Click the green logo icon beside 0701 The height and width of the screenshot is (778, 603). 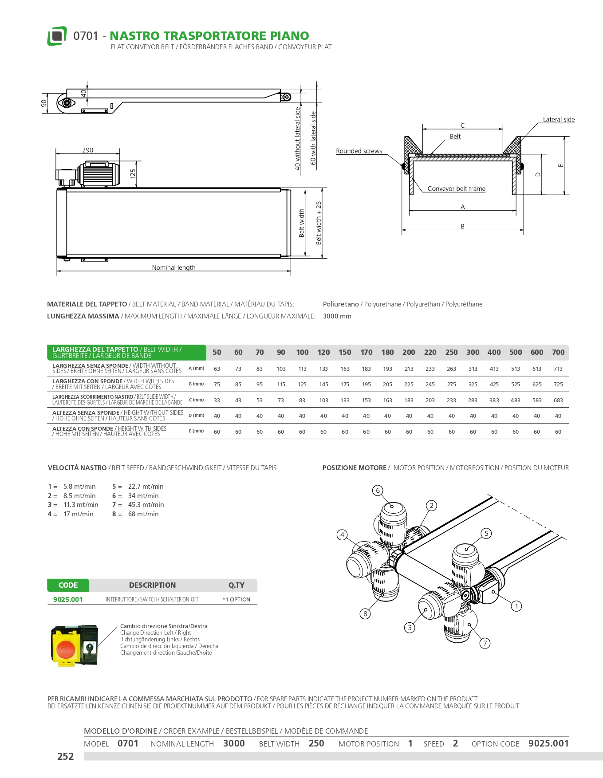point(57,36)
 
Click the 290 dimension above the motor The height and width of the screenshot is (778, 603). point(87,150)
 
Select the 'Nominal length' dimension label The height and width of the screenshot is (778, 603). point(173,267)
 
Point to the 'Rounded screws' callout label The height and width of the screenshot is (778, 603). point(359,151)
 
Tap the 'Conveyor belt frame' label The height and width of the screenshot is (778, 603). point(456,189)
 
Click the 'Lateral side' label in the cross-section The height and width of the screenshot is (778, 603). point(558,120)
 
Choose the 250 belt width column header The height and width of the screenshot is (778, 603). point(451,352)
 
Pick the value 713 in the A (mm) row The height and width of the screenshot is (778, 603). point(558,369)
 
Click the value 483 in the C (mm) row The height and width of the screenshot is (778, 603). point(515,401)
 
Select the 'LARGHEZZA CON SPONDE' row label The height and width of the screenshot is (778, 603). point(87,381)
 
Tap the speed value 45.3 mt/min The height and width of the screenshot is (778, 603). point(146,505)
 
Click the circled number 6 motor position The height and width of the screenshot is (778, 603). point(378,490)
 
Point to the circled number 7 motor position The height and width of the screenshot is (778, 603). point(485,643)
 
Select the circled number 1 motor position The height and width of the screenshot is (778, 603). point(516,606)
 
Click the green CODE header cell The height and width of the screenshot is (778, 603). point(68,585)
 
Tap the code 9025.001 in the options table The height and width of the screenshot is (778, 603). point(68,600)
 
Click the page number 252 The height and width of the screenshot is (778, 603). point(65,756)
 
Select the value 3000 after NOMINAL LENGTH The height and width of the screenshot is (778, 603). point(234,743)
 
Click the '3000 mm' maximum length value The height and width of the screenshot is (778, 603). point(337,316)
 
